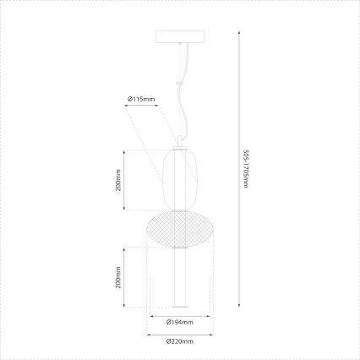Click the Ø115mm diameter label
click(x=141, y=100)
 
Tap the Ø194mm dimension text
click(x=180, y=322)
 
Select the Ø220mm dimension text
click(x=180, y=341)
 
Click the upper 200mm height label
click(x=118, y=180)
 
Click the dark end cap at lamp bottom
click(x=179, y=306)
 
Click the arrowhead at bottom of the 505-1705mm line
click(x=239, y=308)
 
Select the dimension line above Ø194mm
click(x=179, y=314)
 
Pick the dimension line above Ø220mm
click(x=179, y=334)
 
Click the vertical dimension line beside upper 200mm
click(x=125, y=180)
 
